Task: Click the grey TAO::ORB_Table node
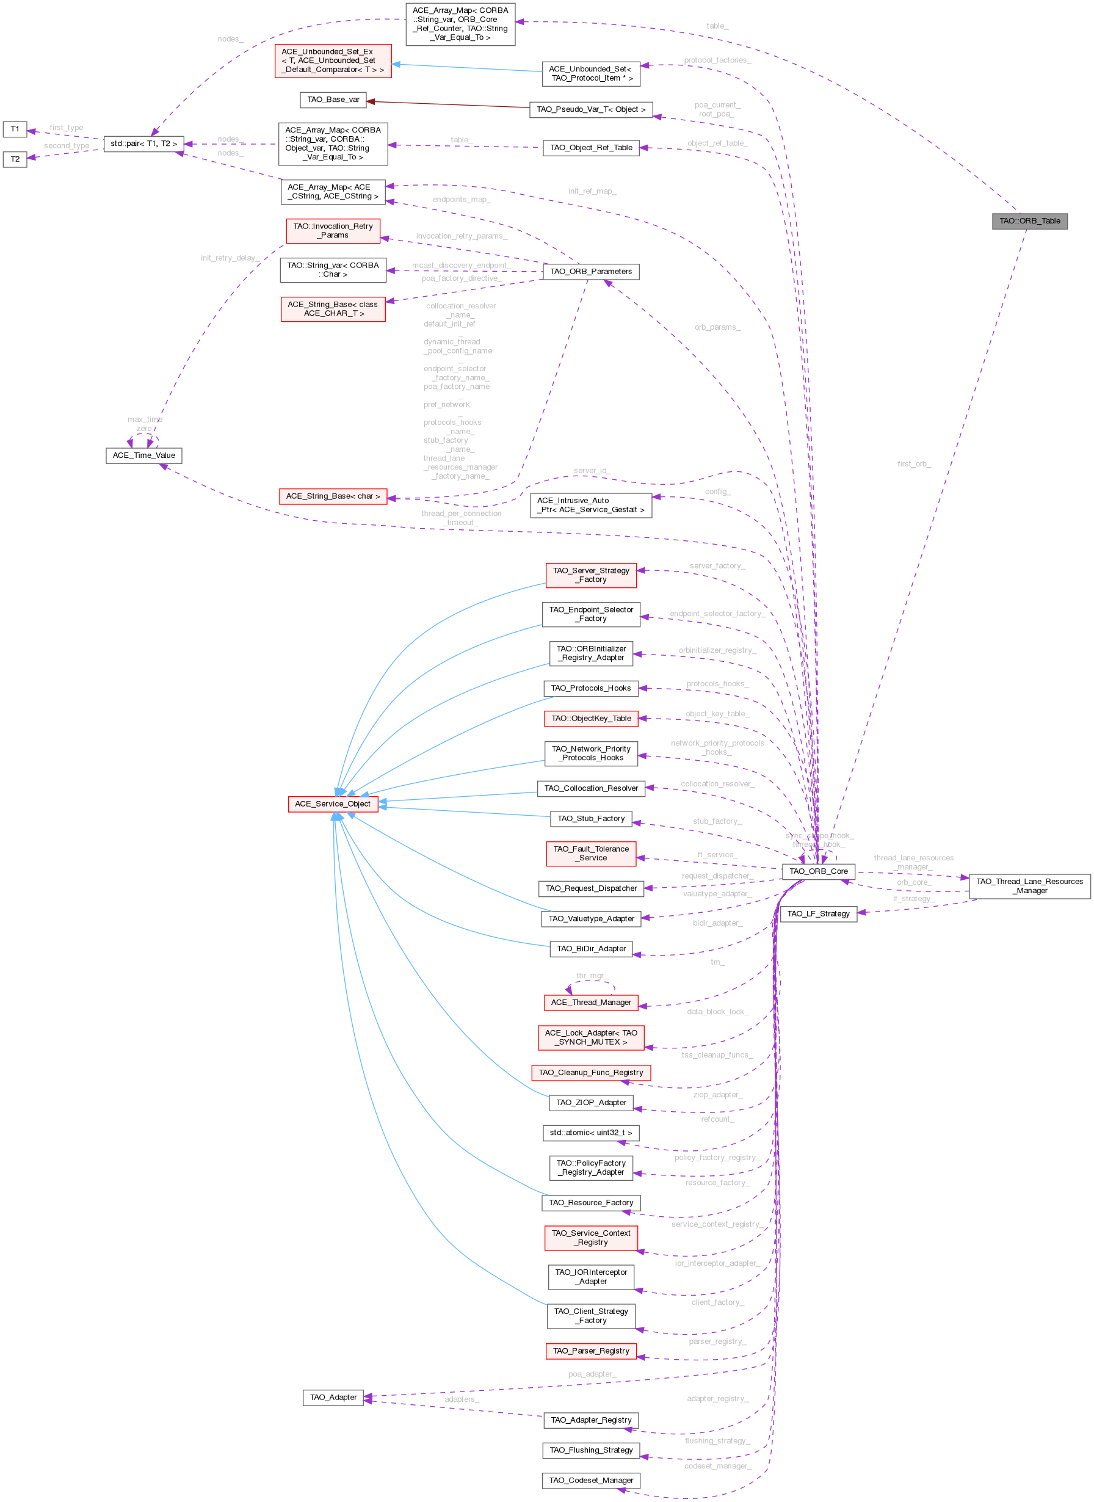(1029, 221)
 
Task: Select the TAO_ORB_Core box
(818, 871)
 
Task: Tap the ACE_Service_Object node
(333, 804)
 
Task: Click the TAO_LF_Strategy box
(818, 914)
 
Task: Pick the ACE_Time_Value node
(143, 455)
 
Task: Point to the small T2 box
(15, 159)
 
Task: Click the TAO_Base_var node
(333, 100)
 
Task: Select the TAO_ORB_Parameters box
(591, 272)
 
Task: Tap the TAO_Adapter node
(333, 1398)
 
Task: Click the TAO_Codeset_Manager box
(591, 1480)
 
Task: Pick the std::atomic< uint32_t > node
(591, 1133)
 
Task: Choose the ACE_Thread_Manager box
(591, 1003)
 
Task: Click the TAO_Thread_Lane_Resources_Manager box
(1029, 886)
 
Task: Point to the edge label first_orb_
(914, 464)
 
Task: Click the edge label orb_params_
(717, 328)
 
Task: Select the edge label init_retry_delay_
(230, 258)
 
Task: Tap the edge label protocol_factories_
(717, 61)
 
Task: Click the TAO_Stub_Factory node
(591, 819)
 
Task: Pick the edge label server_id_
(592, 471)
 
